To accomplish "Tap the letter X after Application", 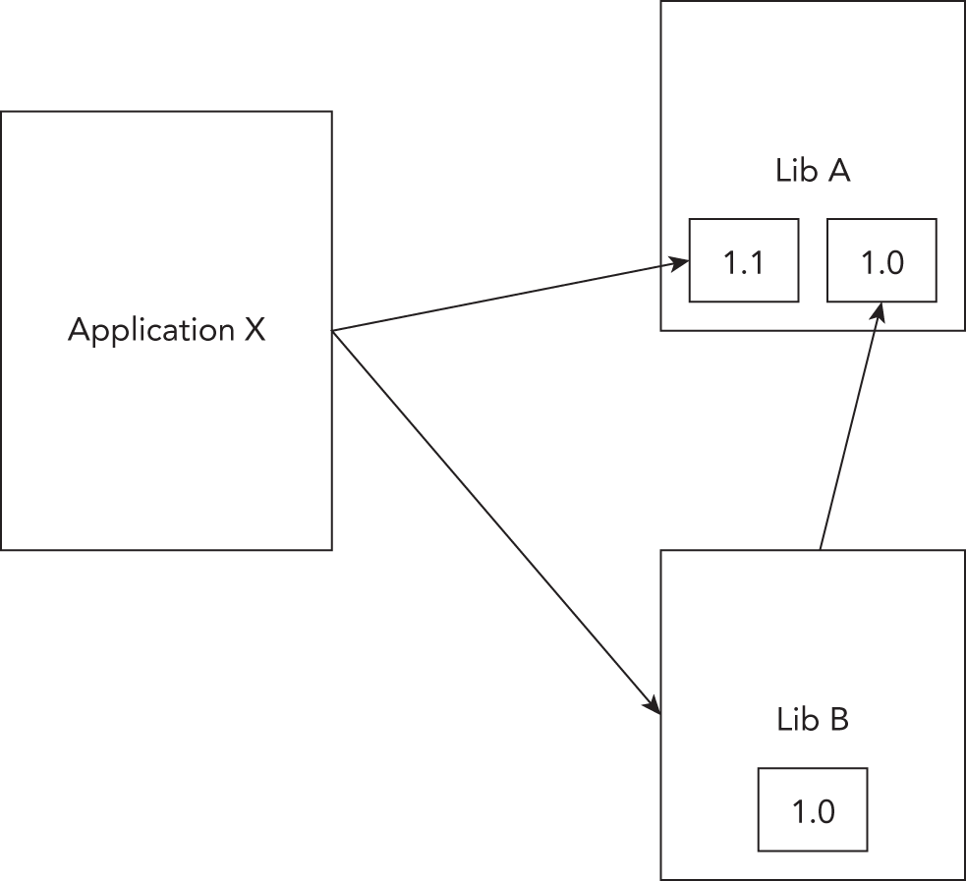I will tap(255, 330).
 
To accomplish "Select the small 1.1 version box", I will tap(743, 260).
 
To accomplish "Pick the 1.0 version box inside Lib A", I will tap(881, 260).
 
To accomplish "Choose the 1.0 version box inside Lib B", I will tap(813, 809).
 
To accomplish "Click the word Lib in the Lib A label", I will tap(796, 171).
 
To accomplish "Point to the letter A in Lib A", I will tap(838, 171).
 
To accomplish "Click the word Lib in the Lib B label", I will tap(796, 720).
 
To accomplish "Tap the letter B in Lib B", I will tap(838, 720).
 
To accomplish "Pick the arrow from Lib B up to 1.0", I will tap(850, 428).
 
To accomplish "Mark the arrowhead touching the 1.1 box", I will tap(679, 262).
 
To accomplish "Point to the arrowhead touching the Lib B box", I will tap(651, 703).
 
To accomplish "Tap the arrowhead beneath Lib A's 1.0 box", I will tap(880, 311).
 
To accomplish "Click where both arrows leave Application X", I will tap(333, 331).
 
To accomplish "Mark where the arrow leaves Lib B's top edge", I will tap(820, 549).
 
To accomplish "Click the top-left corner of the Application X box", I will tap(2, 112).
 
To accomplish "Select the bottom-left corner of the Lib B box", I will tap(661, 878).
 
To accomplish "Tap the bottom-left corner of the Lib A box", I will tap(661, 330).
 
